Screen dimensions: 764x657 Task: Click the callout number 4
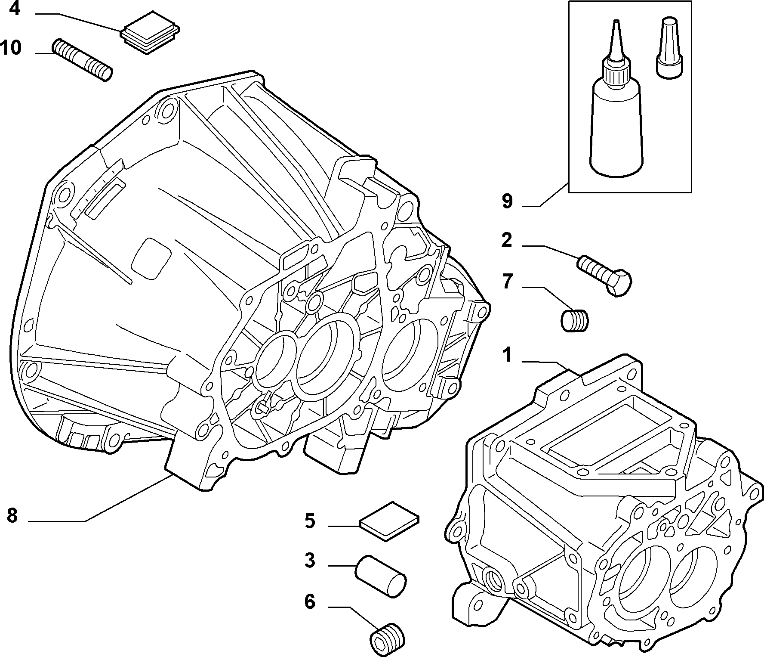[x=15, y=8]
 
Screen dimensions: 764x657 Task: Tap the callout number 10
[x=11, y=47]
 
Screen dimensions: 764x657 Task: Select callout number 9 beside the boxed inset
[x=508, y=201]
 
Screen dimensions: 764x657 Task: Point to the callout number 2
[x=507, y=240]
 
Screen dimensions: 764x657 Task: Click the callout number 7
[x=508, y=282]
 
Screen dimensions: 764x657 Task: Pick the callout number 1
[x=508, y=356]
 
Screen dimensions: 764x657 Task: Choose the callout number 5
[x=310, y=521]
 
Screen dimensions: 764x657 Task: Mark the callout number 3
[x=310, y=561]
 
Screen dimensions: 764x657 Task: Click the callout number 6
[x=310, y=602]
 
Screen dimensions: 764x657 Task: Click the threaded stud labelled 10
[x=82, y=60]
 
